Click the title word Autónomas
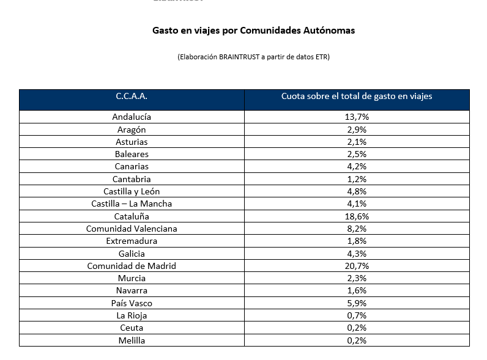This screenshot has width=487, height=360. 329,31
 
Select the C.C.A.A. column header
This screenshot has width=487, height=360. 132,96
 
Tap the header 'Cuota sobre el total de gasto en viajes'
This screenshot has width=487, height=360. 357,96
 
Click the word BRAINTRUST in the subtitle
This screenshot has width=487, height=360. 239,57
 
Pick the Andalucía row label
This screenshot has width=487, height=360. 132,117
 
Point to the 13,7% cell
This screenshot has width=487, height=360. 357,117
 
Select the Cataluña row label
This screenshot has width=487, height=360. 132,216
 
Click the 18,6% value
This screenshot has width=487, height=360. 357,216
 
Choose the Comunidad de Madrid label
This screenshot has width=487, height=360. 132,266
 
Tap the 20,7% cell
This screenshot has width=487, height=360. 357,266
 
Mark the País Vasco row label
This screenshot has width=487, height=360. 132,303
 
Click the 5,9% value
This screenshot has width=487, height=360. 357,303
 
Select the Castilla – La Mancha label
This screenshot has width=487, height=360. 132,204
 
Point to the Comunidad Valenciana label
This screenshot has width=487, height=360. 132,229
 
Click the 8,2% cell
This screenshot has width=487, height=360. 357,229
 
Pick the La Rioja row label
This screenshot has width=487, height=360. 132,315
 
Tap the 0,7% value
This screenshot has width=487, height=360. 357,315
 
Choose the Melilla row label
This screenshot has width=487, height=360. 132,340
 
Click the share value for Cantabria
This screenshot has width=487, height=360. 357,179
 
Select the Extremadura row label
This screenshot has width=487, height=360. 132,241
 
